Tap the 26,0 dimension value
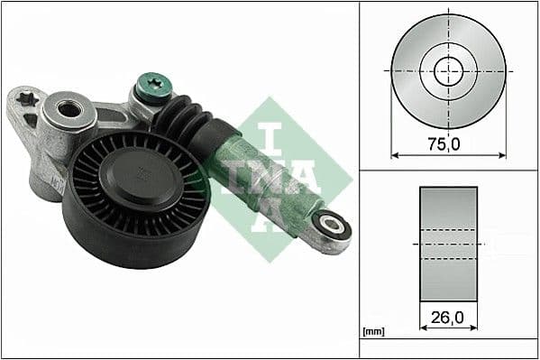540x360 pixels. click(x=447, y=318)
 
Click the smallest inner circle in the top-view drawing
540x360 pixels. click(x=447, y=69)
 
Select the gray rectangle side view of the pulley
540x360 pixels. click(x=447, y=244)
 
